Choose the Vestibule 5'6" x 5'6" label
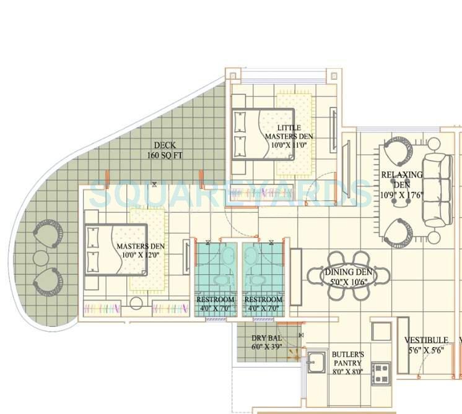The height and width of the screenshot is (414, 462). point(426,345)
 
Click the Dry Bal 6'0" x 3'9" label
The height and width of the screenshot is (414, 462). point(267,342)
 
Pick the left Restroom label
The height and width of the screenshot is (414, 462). point(216,304)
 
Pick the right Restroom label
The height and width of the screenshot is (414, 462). point(263,304)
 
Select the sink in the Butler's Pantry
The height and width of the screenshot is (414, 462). point(317,361)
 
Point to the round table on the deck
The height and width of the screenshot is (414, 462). point(42,257)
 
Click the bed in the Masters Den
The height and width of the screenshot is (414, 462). point(118,249)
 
